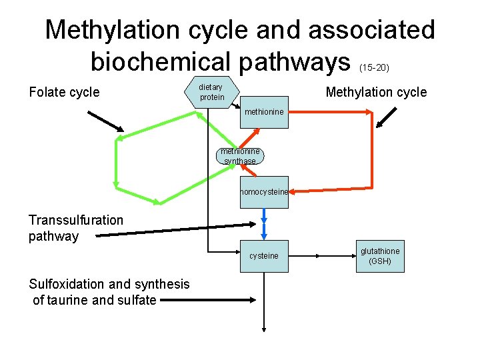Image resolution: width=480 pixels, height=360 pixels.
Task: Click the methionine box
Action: coord(264,112)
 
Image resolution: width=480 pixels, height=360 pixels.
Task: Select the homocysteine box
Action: coord(264,192)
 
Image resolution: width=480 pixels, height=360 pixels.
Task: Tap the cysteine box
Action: coord(264,256)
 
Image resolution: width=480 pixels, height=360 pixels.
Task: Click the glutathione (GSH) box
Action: coord(380,256)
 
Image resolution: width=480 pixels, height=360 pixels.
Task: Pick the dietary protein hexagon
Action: coord(212,93)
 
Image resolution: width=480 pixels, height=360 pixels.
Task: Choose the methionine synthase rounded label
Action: coord(240,157)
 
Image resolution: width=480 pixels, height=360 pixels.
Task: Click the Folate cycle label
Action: coord(64,93)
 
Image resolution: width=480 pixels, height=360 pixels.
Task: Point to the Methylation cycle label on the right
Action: coord(376,93)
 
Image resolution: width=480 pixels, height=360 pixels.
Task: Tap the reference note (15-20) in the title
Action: coord(374,67)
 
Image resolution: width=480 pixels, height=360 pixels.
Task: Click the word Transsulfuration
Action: coord(76,220)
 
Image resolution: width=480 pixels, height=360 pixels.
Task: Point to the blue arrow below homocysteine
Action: coord(264,223)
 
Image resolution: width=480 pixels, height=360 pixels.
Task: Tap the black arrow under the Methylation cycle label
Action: coord(386,117)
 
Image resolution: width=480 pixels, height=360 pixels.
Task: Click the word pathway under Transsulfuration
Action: coord(53,236)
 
